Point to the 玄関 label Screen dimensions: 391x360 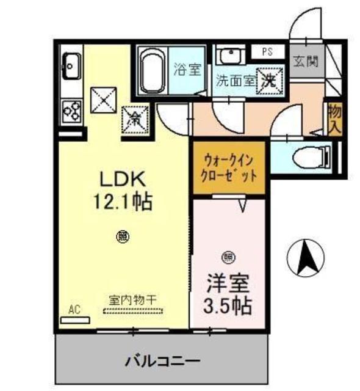tap(304, 62)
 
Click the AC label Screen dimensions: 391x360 tap(74, 310)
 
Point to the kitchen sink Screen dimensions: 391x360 tap(71, 64)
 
